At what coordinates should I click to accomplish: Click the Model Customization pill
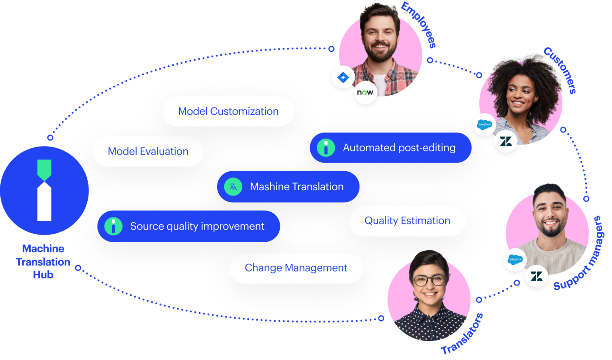pos(228,111)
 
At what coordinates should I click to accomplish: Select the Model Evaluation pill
pos(148,151)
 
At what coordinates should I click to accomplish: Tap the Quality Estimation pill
pos(407,221)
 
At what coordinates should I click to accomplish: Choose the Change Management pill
pos(296,268)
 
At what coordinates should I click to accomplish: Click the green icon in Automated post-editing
pos(326,148)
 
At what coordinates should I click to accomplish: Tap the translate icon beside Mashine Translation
pos(233,187)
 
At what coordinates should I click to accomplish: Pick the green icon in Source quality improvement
pos(113,226)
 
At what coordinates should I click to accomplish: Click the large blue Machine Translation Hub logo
pos(44,190)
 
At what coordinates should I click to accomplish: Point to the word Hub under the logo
pos(43,275)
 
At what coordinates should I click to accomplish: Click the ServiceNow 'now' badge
pos(365,92)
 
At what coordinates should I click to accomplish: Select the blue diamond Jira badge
pos(343,77)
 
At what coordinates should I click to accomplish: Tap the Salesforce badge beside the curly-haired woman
pos(484,125)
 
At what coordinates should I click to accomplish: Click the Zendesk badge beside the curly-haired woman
pos(506,141)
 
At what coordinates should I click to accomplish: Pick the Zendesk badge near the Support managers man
pos(536,276)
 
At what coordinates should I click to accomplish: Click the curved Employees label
pos(419,25)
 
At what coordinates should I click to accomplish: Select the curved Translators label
pos(462,335)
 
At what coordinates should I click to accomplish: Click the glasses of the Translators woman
pos(429,280)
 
